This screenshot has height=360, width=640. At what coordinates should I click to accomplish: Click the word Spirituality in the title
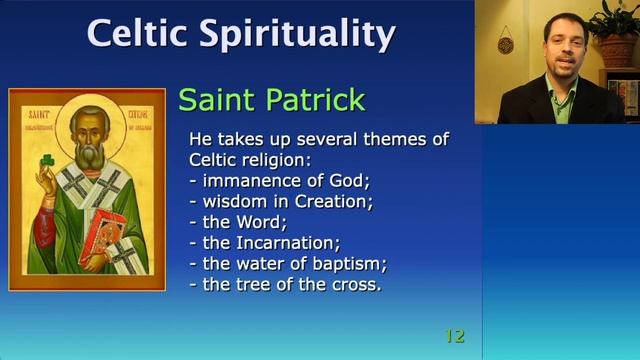pos(299,33)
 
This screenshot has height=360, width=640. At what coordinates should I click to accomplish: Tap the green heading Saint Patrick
pos(271,100)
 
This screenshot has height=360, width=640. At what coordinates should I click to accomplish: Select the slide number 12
pos(454,336)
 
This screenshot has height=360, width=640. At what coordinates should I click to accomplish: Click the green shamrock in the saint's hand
pos(45,162)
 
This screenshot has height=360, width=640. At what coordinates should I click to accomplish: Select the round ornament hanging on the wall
pos(506,45)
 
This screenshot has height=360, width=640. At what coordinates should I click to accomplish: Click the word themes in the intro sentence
pos(388,140)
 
